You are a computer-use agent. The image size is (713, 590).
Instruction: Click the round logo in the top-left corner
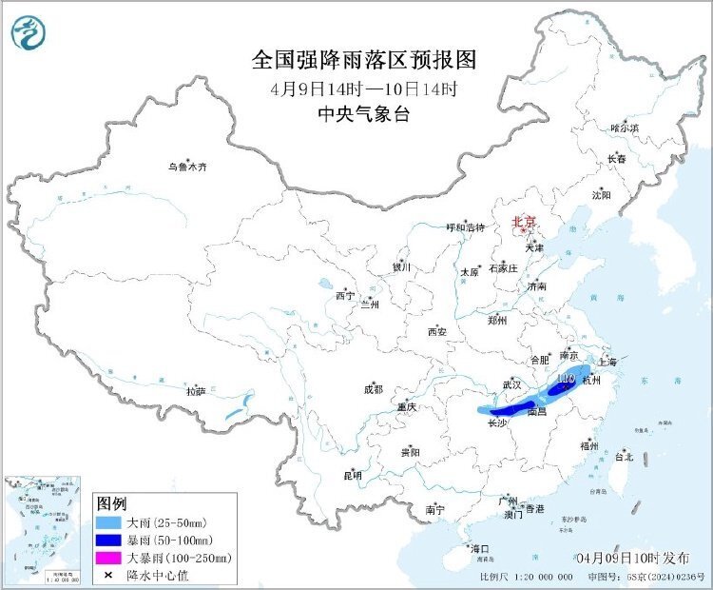point(28,34)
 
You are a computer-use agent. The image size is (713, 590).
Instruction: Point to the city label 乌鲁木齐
point(187,167)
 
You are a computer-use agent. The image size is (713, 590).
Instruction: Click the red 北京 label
point(525,222)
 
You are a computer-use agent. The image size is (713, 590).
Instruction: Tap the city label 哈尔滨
point(625,128)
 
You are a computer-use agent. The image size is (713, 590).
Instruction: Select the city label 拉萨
point(196,391)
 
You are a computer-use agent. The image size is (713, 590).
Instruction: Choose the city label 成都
point(373,389)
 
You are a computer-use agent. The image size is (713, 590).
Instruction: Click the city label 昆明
point(352,476)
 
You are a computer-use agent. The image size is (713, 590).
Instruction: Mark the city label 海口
point(479,549)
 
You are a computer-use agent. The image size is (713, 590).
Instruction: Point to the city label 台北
point(624,457)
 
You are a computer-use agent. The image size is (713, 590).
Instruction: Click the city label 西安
point(436,332)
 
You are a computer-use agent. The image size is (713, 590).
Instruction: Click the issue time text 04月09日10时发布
point(633,556)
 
